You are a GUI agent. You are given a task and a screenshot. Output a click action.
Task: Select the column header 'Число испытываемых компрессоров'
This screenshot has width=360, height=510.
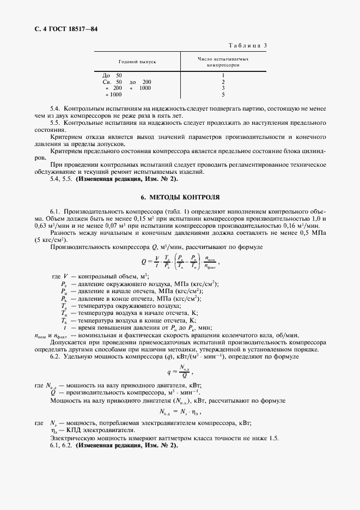click(x=223, y=61)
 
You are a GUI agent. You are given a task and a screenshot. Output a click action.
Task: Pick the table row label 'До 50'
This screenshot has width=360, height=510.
click(x=112, y=75)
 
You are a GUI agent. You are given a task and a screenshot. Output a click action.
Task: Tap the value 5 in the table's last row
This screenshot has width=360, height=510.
click(x=223, y=95)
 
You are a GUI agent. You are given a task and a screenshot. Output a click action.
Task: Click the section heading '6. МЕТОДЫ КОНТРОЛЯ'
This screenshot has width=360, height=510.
click(x=180, y=197)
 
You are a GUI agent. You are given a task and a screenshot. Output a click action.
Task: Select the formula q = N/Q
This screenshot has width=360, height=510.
click(x=179, y=373)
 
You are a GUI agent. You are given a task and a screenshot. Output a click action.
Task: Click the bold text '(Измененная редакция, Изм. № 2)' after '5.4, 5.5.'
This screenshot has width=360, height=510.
click(x=127, y=178)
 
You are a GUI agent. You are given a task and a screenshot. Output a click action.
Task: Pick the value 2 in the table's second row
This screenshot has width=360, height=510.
click(x=223, y=82)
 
